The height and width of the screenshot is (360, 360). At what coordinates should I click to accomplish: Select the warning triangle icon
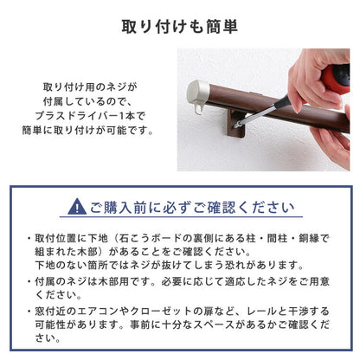(77, 208)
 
